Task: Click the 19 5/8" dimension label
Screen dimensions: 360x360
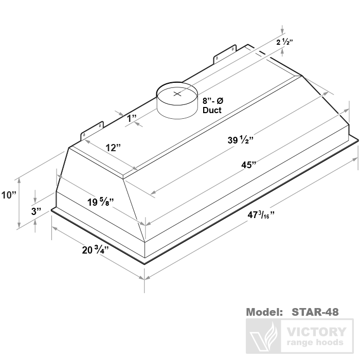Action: coord(100,202)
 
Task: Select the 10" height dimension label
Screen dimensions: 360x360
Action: coord(9,195)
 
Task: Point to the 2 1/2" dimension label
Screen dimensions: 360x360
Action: coord(284,42)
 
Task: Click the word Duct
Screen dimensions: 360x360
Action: coord(211,110)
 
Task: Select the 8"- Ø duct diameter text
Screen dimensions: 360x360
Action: coord(213,101)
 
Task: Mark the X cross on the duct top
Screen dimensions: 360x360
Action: coord(177,94)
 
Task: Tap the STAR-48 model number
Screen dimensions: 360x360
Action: coord(315,312)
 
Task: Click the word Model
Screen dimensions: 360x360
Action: coord(264,312)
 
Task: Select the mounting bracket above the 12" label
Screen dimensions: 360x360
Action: coord(92,130)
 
